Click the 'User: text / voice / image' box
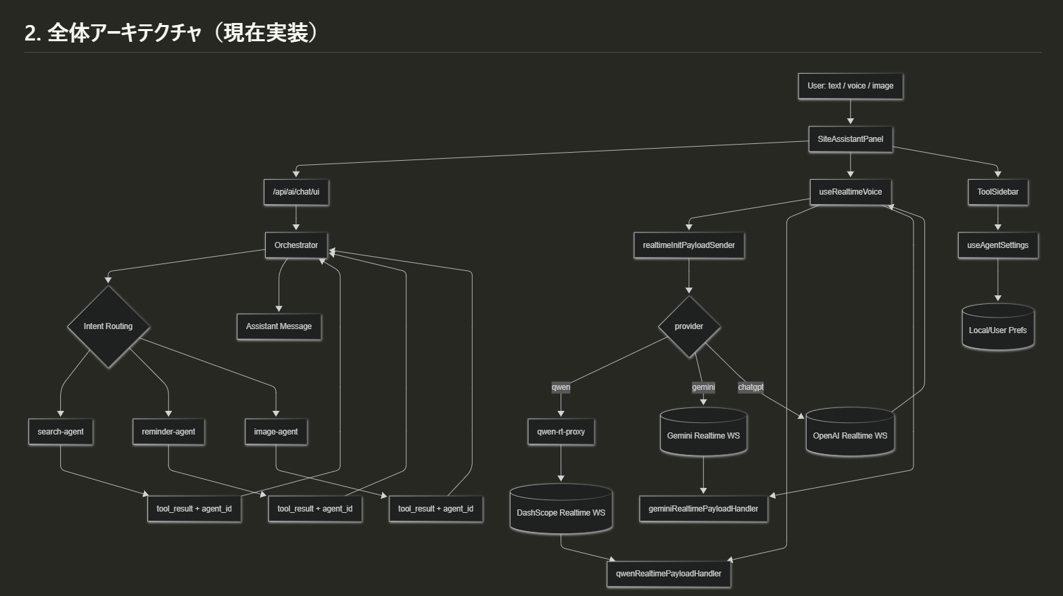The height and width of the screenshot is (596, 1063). coord(850,86)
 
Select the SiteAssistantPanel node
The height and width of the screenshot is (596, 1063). coord(850,139)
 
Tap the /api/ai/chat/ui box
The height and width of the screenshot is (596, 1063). coord(296,192)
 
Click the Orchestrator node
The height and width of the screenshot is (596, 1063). coord(296,245)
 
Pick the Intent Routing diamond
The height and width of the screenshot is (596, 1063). coord(108,326)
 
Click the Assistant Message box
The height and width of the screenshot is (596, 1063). coord(279,326)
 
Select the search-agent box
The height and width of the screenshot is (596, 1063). coord(61,432)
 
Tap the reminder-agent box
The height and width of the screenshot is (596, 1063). coord(168,432)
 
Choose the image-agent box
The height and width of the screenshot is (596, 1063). coord(276,432)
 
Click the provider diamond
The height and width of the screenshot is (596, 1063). coord(689,326)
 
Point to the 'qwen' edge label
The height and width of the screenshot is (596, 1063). coord(561,387)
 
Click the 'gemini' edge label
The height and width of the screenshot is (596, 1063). coord(703,387)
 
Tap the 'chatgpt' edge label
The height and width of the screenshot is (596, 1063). coord(751,387)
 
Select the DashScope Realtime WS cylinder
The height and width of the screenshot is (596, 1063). coord(561,510)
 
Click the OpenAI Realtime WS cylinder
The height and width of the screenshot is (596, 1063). coord(850,433)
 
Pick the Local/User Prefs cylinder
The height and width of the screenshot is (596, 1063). coord(997,328)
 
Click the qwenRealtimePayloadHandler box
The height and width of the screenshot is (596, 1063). coord(668,574)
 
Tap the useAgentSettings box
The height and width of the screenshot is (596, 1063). coord(997,245)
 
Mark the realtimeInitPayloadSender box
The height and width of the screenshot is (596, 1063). coord(689,245)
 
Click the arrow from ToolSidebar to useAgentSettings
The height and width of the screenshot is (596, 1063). coord(997,218)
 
